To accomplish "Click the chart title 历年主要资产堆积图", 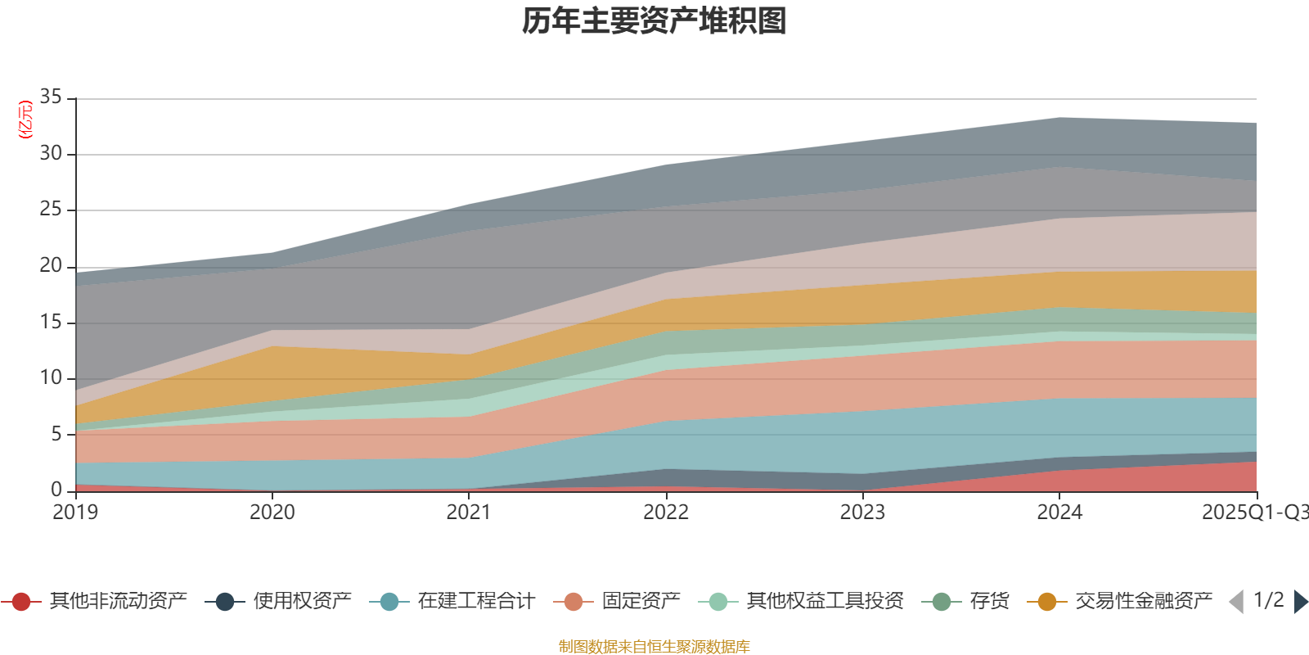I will (654, 21).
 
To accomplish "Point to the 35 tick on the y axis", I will (51, 97).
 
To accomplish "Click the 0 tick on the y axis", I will (56, 489).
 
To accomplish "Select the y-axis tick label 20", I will (51, 265).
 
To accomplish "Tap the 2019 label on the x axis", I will (75, 513).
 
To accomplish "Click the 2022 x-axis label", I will (666, 513).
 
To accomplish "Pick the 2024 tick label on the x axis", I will (1059, 513).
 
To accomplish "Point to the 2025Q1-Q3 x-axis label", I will (1254, 513).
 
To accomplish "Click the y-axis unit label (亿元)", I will (25, 120).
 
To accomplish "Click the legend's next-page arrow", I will (1301, 602).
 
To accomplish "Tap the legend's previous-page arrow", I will (1236, 602).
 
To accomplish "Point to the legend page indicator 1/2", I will (1268, 600).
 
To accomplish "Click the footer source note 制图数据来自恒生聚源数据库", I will (654, 647).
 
